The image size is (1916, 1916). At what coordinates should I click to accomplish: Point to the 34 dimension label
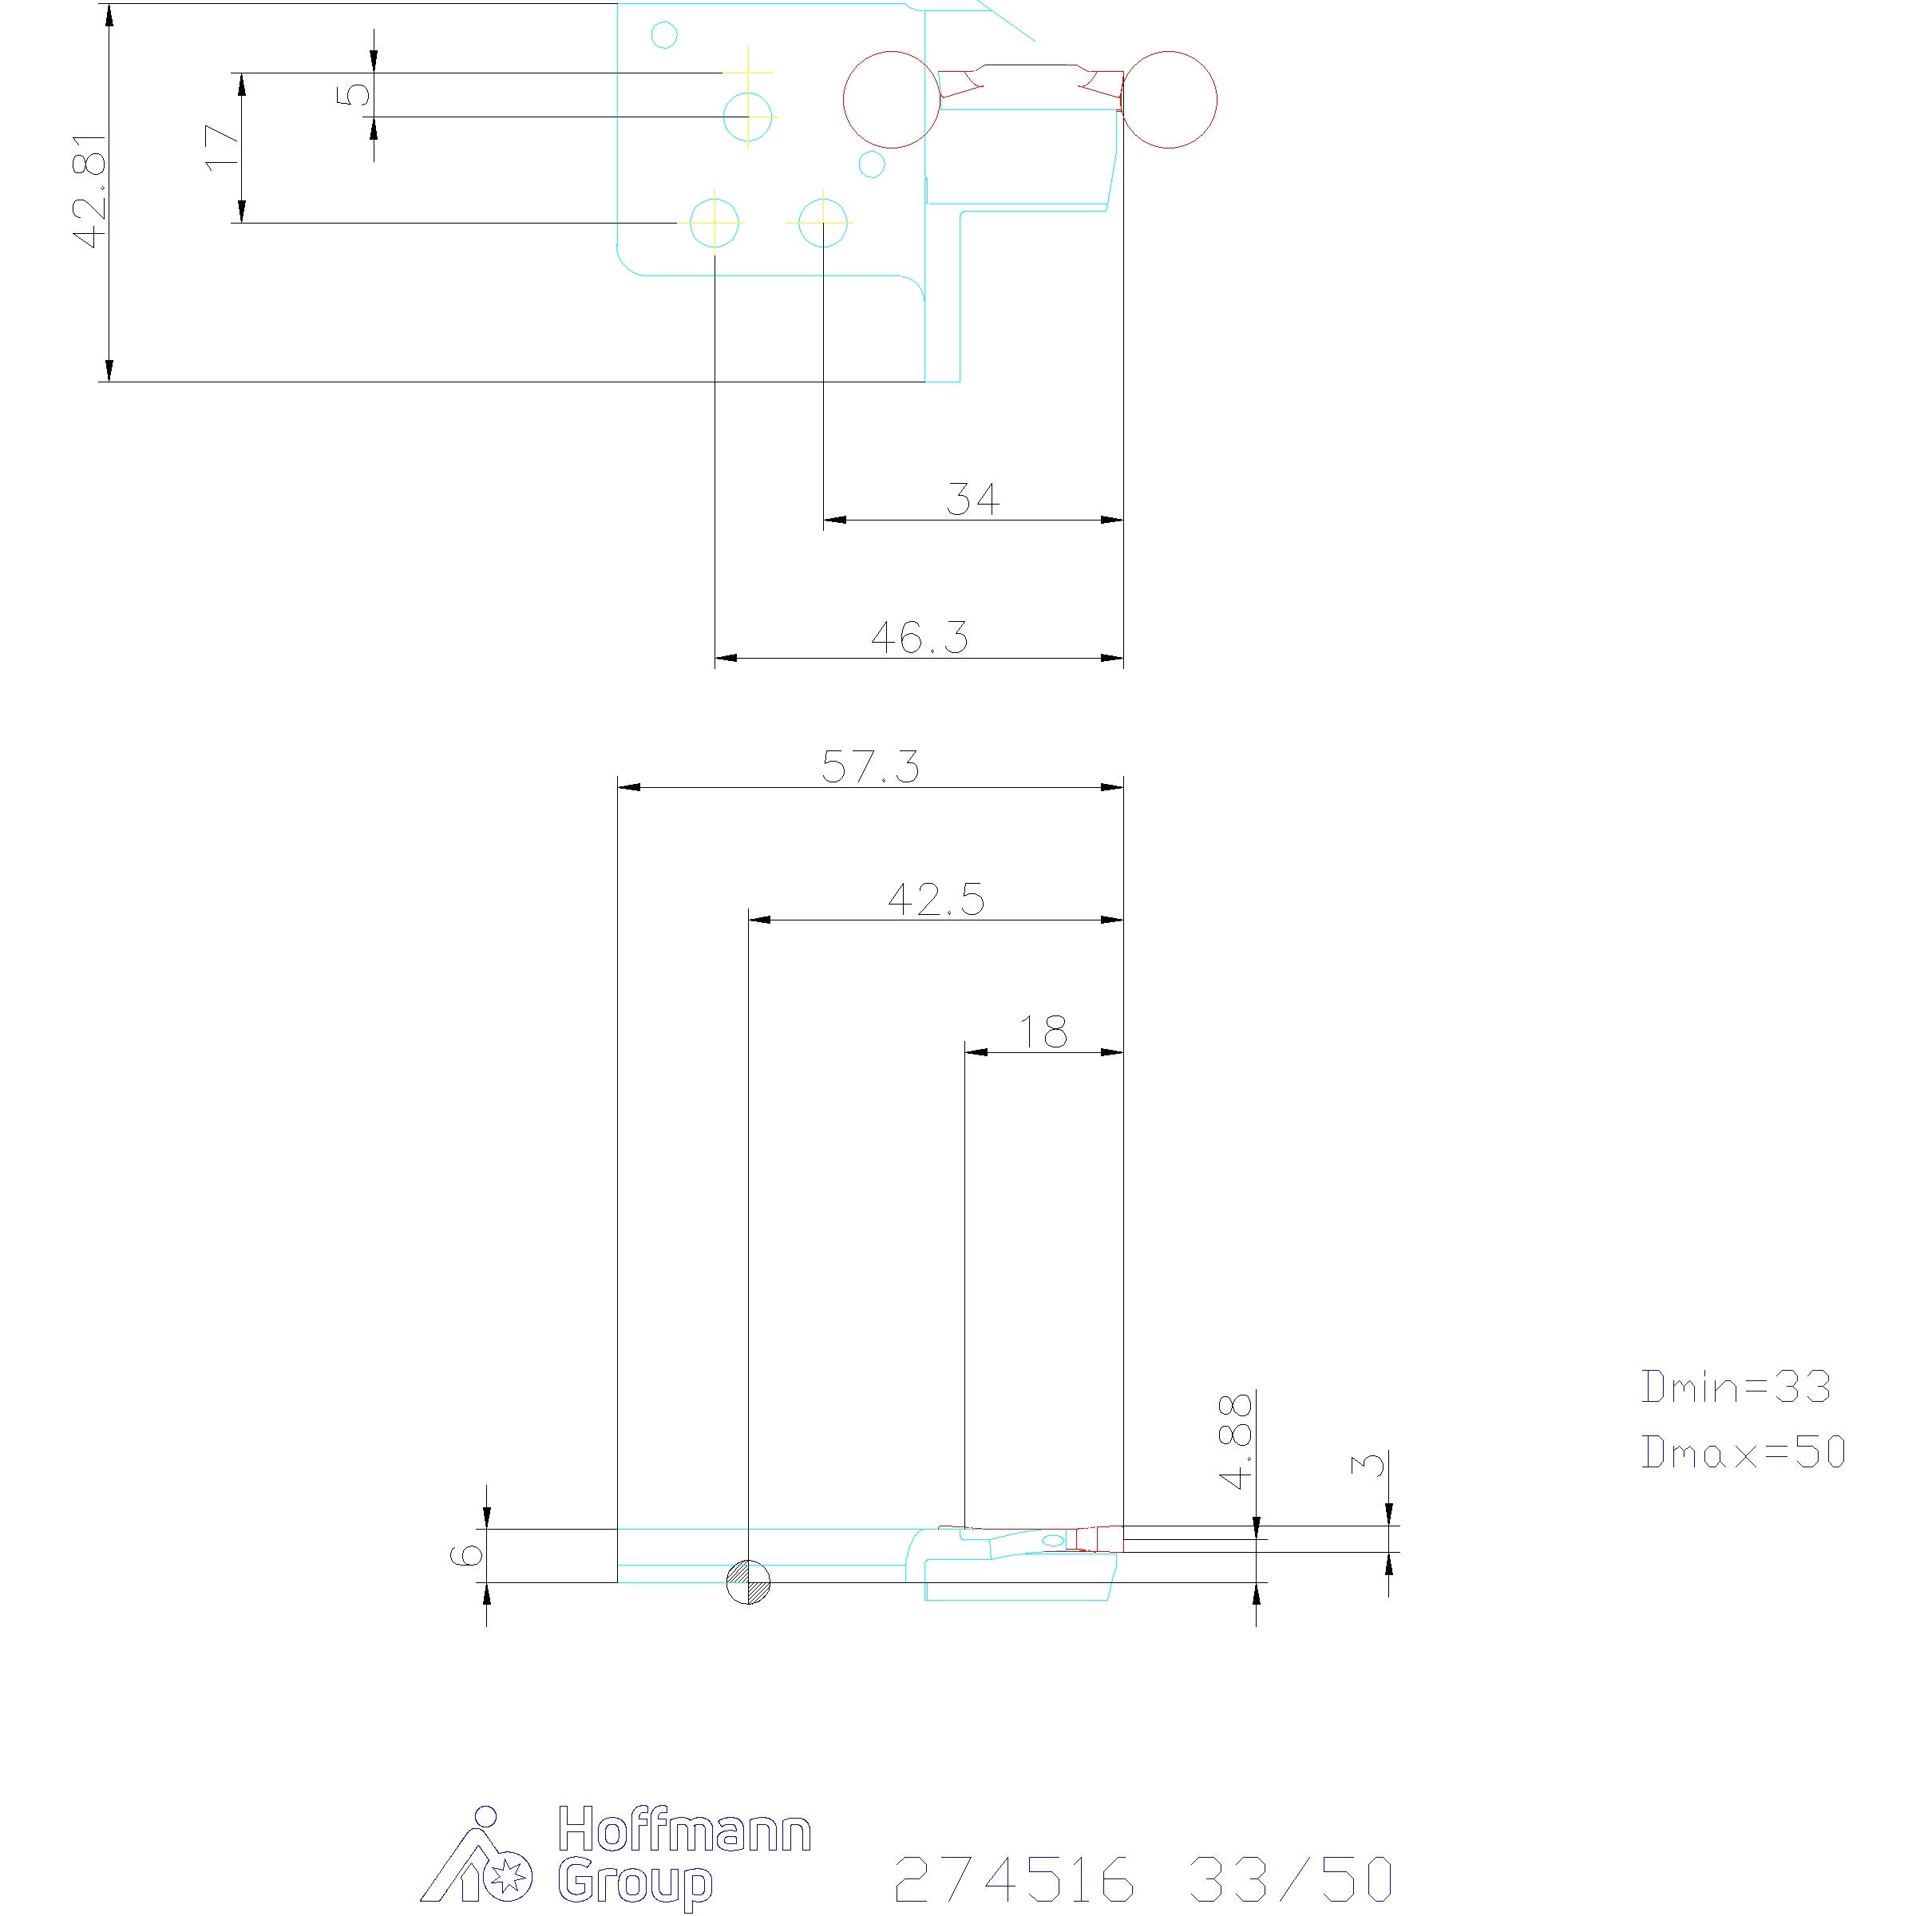pos(973,499)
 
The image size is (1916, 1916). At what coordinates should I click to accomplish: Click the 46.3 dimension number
pos(920,638)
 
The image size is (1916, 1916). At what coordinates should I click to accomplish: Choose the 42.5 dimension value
pos(936,900)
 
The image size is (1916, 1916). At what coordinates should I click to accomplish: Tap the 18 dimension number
pos(1043,1032)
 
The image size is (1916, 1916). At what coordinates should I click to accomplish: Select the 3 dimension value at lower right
pos(1368,1464)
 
